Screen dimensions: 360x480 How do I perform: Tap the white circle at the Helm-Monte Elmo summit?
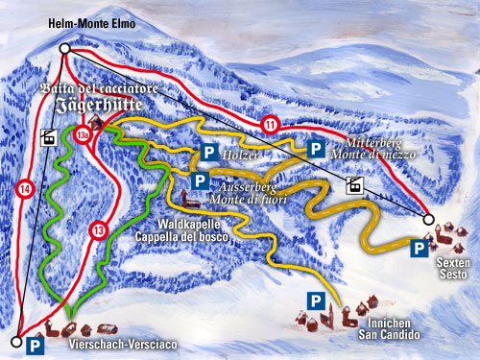(63, 48)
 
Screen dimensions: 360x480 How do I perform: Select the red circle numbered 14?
(23, 190)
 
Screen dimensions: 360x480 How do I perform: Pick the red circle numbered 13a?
(84, 134)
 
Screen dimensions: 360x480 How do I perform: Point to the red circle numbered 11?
(272, 123)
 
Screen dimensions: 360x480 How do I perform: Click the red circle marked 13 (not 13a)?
(98, 230)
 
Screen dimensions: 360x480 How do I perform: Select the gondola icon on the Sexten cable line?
(354, 185)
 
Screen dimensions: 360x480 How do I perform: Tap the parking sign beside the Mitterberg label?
(314, 148)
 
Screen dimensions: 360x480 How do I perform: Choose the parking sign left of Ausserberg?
(200, 180)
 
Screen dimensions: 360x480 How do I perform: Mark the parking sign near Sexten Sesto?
(418, 249)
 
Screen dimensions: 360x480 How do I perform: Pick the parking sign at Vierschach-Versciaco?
(36, 342)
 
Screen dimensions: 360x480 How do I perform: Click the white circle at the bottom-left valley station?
(15, 341)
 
